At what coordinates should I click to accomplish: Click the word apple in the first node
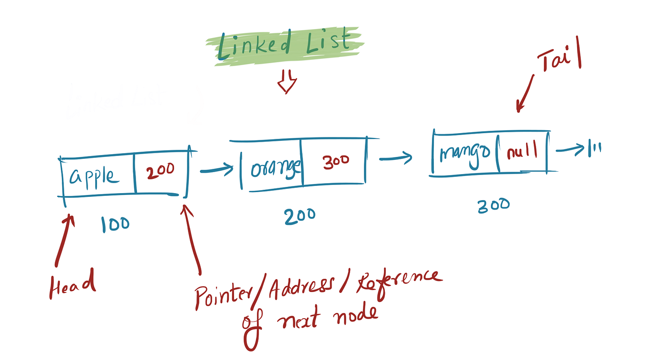94,176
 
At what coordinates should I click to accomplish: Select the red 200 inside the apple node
160,170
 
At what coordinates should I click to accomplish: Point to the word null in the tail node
522,152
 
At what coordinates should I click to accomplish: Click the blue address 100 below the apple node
115,224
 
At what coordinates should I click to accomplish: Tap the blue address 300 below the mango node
493,205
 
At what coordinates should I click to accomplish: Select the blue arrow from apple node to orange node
216,169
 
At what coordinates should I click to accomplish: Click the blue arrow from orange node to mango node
396,156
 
